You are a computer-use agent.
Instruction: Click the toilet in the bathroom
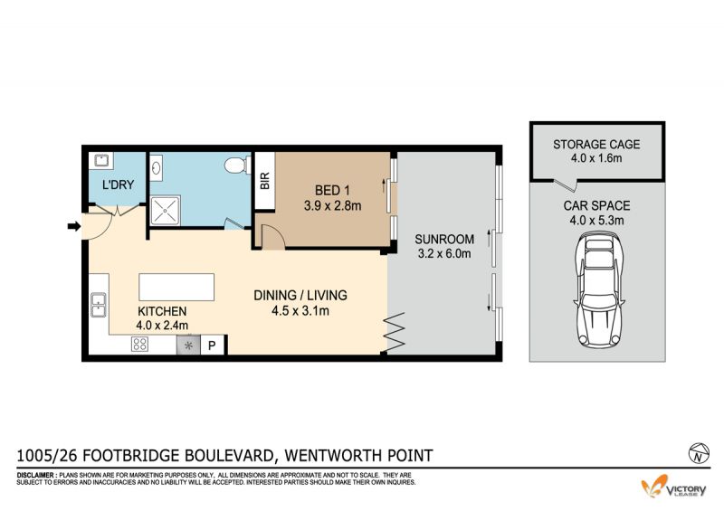(237, 165)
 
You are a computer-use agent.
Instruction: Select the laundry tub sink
(101, 161)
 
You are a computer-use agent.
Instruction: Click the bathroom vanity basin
(156, 166)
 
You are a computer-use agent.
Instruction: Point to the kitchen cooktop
(140, 344)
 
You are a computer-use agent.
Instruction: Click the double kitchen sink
(99, 305)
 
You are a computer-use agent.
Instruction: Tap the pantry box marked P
(213, 345)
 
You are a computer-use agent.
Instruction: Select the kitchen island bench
(176, 287)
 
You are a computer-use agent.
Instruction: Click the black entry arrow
(74, 226)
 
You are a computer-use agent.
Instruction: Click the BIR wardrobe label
(265, 181)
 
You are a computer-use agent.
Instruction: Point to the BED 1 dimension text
(332, 206)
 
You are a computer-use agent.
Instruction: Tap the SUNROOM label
(444, 239)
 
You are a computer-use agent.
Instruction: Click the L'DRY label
(119, 185)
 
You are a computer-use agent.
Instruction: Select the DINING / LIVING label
(300, 295)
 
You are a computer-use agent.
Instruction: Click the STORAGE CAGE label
(596, 145)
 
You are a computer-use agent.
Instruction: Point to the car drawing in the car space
(599, 291)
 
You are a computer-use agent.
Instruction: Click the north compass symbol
(699, 452)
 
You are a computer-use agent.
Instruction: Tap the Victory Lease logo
(673, 487)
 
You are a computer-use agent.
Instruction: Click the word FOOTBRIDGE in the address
(130, 456)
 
